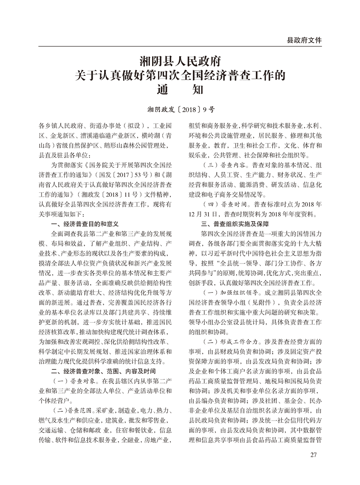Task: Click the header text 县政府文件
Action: (304, 40)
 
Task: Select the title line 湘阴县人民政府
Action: (180, 60)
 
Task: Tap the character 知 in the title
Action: (197, 90)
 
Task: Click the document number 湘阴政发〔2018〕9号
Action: (180, 108)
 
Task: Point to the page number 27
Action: (314, 455)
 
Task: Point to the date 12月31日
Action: (202, 214)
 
